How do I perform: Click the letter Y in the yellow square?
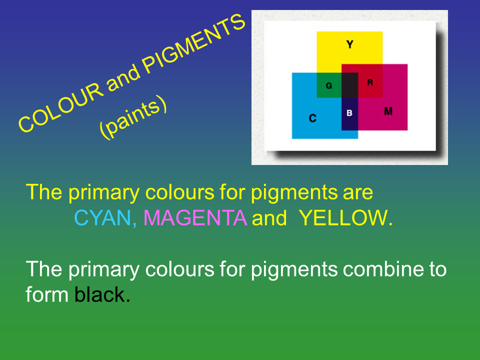click(350, 44)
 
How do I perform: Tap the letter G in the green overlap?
click(329, 85)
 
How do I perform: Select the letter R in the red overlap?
click(370, 82)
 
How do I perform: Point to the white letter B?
click(349, 113)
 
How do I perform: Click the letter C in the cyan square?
click(312, 118)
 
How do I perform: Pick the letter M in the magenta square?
click(388, 111)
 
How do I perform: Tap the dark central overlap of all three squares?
click(349, 85)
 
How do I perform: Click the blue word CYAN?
click(103, 218)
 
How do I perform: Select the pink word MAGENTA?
click(195, 218)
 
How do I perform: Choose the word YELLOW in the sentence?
click(342, 218)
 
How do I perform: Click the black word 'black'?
click(100, 294)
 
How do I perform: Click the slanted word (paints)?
click(133, 117)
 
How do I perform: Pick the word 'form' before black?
click(47, 294)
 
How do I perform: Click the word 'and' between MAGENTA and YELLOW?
click(269, 218)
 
